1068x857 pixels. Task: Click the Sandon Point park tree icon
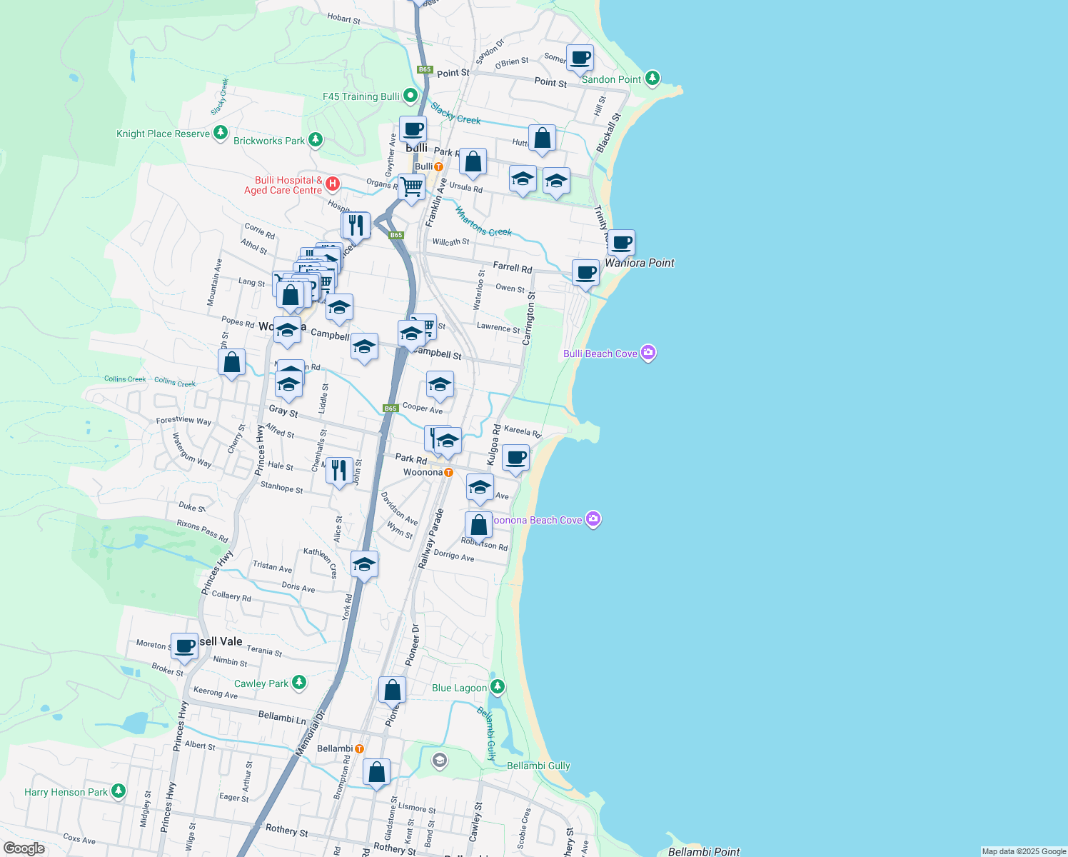[652, 79]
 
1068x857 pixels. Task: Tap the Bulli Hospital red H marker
[332, 184]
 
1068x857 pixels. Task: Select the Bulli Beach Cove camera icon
[648, 353]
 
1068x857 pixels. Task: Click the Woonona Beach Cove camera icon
[593, 519]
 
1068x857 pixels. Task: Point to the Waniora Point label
[640, 263]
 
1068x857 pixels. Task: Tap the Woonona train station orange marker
[448, 472]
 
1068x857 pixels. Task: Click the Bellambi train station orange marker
[359, 748]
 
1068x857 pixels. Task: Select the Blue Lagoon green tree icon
[498, 687]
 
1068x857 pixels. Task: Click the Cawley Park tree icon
[299, 683]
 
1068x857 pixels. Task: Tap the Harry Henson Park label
[66, 792]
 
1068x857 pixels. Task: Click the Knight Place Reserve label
[163, 134]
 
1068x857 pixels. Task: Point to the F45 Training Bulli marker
[410, 95]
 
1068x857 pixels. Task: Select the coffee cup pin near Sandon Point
[580, 57]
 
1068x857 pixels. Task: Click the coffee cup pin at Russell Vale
[184, 646]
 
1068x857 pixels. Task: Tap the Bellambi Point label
[703, 851]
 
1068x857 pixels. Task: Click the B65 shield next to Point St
[425, 69]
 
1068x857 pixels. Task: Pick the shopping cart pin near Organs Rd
[411, 187]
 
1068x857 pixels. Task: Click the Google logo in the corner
[24, 848]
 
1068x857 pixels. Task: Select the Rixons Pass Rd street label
[203, 531]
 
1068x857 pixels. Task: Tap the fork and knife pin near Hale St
[339, 470]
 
